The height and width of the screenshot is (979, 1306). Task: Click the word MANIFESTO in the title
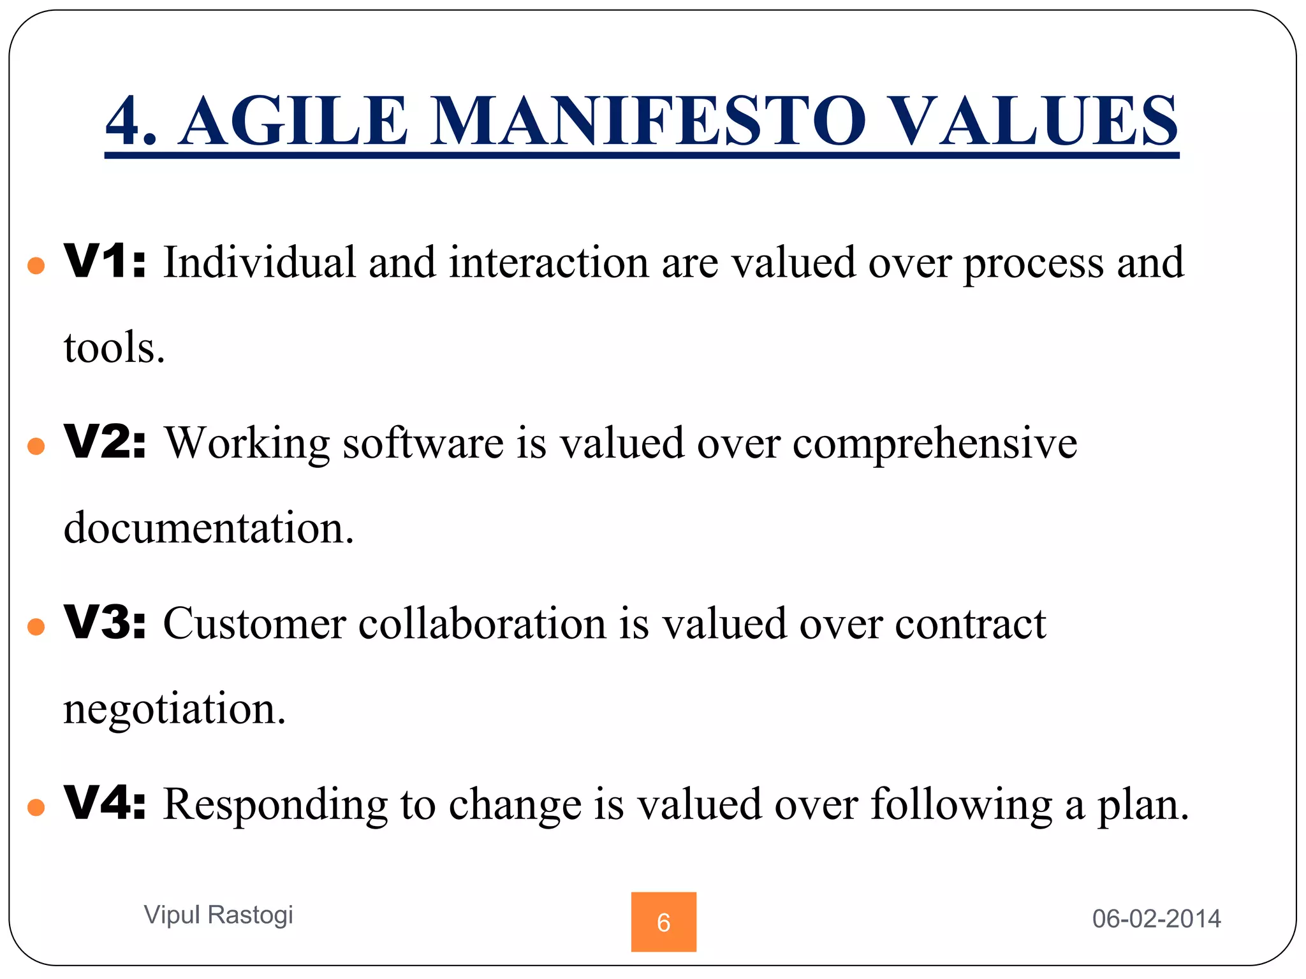pos(648,121)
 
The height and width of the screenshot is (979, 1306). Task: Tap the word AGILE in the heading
pos(293,121)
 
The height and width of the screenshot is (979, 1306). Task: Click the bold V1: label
pos(105,262)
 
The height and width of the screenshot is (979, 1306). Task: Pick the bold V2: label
pos(105,442)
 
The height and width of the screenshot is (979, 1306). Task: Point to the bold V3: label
pos(105,623)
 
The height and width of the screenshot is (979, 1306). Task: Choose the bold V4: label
pos(105,803)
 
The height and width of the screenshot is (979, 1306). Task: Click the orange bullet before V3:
pos(36,627)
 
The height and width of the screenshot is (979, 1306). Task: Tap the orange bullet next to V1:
pos(36,266)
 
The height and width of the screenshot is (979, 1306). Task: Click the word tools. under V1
pos(115,348)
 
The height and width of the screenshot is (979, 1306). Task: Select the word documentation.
pos(209,528)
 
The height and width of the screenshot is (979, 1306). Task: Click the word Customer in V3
pos(254,623)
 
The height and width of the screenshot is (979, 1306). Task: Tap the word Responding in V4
pos(275,804)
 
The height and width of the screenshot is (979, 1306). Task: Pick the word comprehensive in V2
pos(934,444)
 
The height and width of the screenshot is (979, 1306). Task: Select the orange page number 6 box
pos(663,922)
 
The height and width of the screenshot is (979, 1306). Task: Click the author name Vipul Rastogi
pos(218,915)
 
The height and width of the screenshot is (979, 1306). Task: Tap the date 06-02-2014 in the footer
pos(1156,918)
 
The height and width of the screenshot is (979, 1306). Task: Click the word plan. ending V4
pos(1143,806)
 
